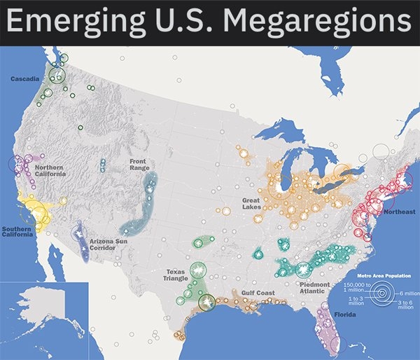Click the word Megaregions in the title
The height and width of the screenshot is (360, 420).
pos(317,22)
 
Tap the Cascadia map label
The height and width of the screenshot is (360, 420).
pos(24,79)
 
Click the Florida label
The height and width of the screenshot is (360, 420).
pos(344,315)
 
